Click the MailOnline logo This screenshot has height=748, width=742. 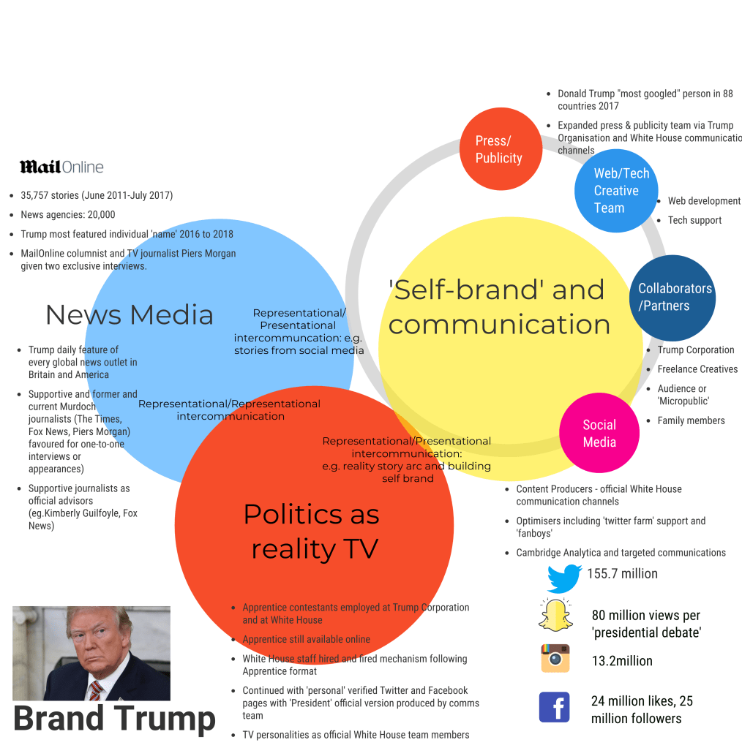(61, 167)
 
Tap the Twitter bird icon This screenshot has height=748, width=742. (564, 578)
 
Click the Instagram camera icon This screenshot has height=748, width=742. (555, 658)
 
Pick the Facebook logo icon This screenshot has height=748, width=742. (555, 707)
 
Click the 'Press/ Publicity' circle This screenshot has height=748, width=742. (501, 149)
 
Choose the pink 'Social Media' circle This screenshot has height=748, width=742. (599, 433)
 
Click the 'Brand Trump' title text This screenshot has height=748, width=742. (114, 719)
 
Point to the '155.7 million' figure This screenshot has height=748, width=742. (622, 574)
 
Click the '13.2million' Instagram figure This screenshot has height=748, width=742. (622, 661)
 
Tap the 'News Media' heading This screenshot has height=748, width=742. (130, 315)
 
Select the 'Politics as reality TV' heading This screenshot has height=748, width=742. (312, 531)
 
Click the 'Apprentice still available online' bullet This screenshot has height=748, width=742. (307, 639)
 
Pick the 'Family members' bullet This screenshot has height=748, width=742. (691, 420)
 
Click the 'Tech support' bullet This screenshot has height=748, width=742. (694, 220)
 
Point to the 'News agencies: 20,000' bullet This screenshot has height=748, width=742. (68, 215)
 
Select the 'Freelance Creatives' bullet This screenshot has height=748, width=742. (697, 369)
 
